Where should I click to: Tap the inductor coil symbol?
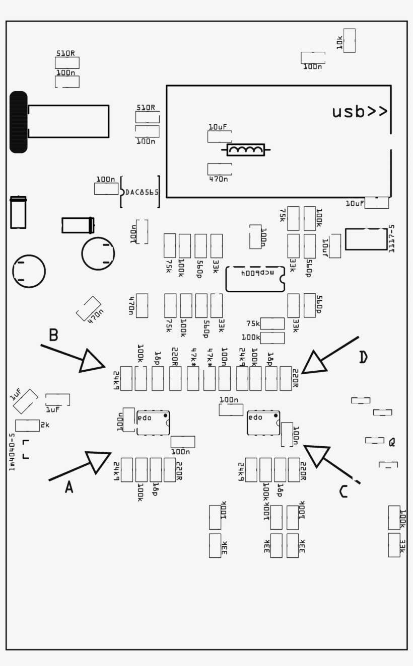246,149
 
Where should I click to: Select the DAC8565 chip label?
142,192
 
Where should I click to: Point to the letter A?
69,487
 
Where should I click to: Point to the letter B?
53,335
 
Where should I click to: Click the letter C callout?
343,491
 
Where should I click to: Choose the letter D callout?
364,357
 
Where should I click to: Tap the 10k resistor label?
340,43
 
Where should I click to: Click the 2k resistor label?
45,425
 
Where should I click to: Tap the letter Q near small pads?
392,443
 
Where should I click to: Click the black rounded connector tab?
19,122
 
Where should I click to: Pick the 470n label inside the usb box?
218,179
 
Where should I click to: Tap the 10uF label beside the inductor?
218,127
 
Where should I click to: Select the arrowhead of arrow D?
312,364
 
